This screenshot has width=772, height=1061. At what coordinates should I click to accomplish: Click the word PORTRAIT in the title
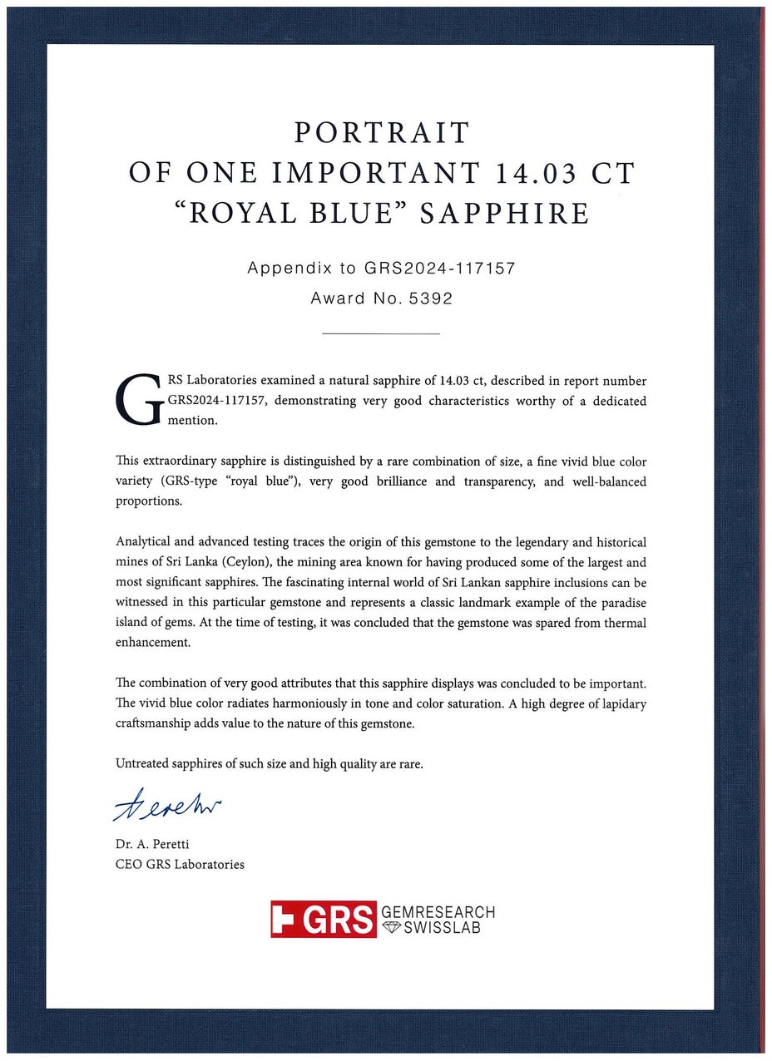382,133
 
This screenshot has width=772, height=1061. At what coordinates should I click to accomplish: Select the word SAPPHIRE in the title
504,213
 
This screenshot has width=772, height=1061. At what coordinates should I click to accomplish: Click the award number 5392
430,299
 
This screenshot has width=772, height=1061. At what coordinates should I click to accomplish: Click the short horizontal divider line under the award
380,334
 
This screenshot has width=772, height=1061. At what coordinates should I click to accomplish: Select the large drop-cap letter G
137,400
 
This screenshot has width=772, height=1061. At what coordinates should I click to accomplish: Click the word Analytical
145,542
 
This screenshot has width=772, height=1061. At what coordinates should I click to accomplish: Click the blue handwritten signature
166,806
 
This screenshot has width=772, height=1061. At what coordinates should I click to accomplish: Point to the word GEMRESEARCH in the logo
438,912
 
